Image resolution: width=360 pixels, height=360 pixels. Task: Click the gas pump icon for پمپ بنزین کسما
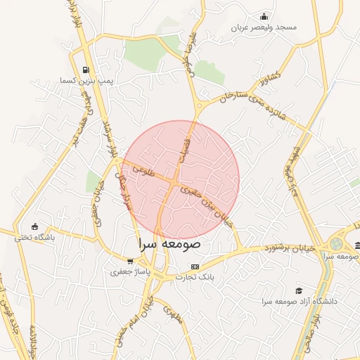coord(86,70)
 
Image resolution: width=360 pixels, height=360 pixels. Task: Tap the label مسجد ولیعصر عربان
coord(266,27)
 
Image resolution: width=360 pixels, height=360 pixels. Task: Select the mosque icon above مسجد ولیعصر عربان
coord(264,16)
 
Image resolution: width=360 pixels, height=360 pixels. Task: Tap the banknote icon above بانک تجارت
coord(195,267)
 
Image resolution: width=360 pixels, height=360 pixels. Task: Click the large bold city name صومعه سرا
coord(169,245)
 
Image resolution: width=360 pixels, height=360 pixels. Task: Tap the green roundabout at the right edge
coord(336,244)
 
